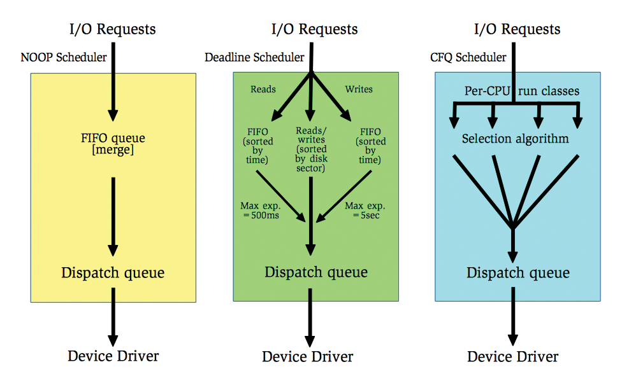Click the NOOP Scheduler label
point(63,58)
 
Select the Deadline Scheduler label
point(254,58)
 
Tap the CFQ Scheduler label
point(468,58)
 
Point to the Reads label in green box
point(263,89)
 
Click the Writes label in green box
point(359,89)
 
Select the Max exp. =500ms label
point(259,210)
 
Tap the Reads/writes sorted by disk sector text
point(310,150)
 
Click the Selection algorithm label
point(515,139)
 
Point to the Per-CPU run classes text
point(521,91)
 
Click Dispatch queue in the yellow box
point(113,273)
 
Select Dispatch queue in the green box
point(316,272)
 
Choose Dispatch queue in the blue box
point(518,273)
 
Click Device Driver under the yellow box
point(113,356)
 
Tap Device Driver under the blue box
point(513,356)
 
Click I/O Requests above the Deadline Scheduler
point(315,29)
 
